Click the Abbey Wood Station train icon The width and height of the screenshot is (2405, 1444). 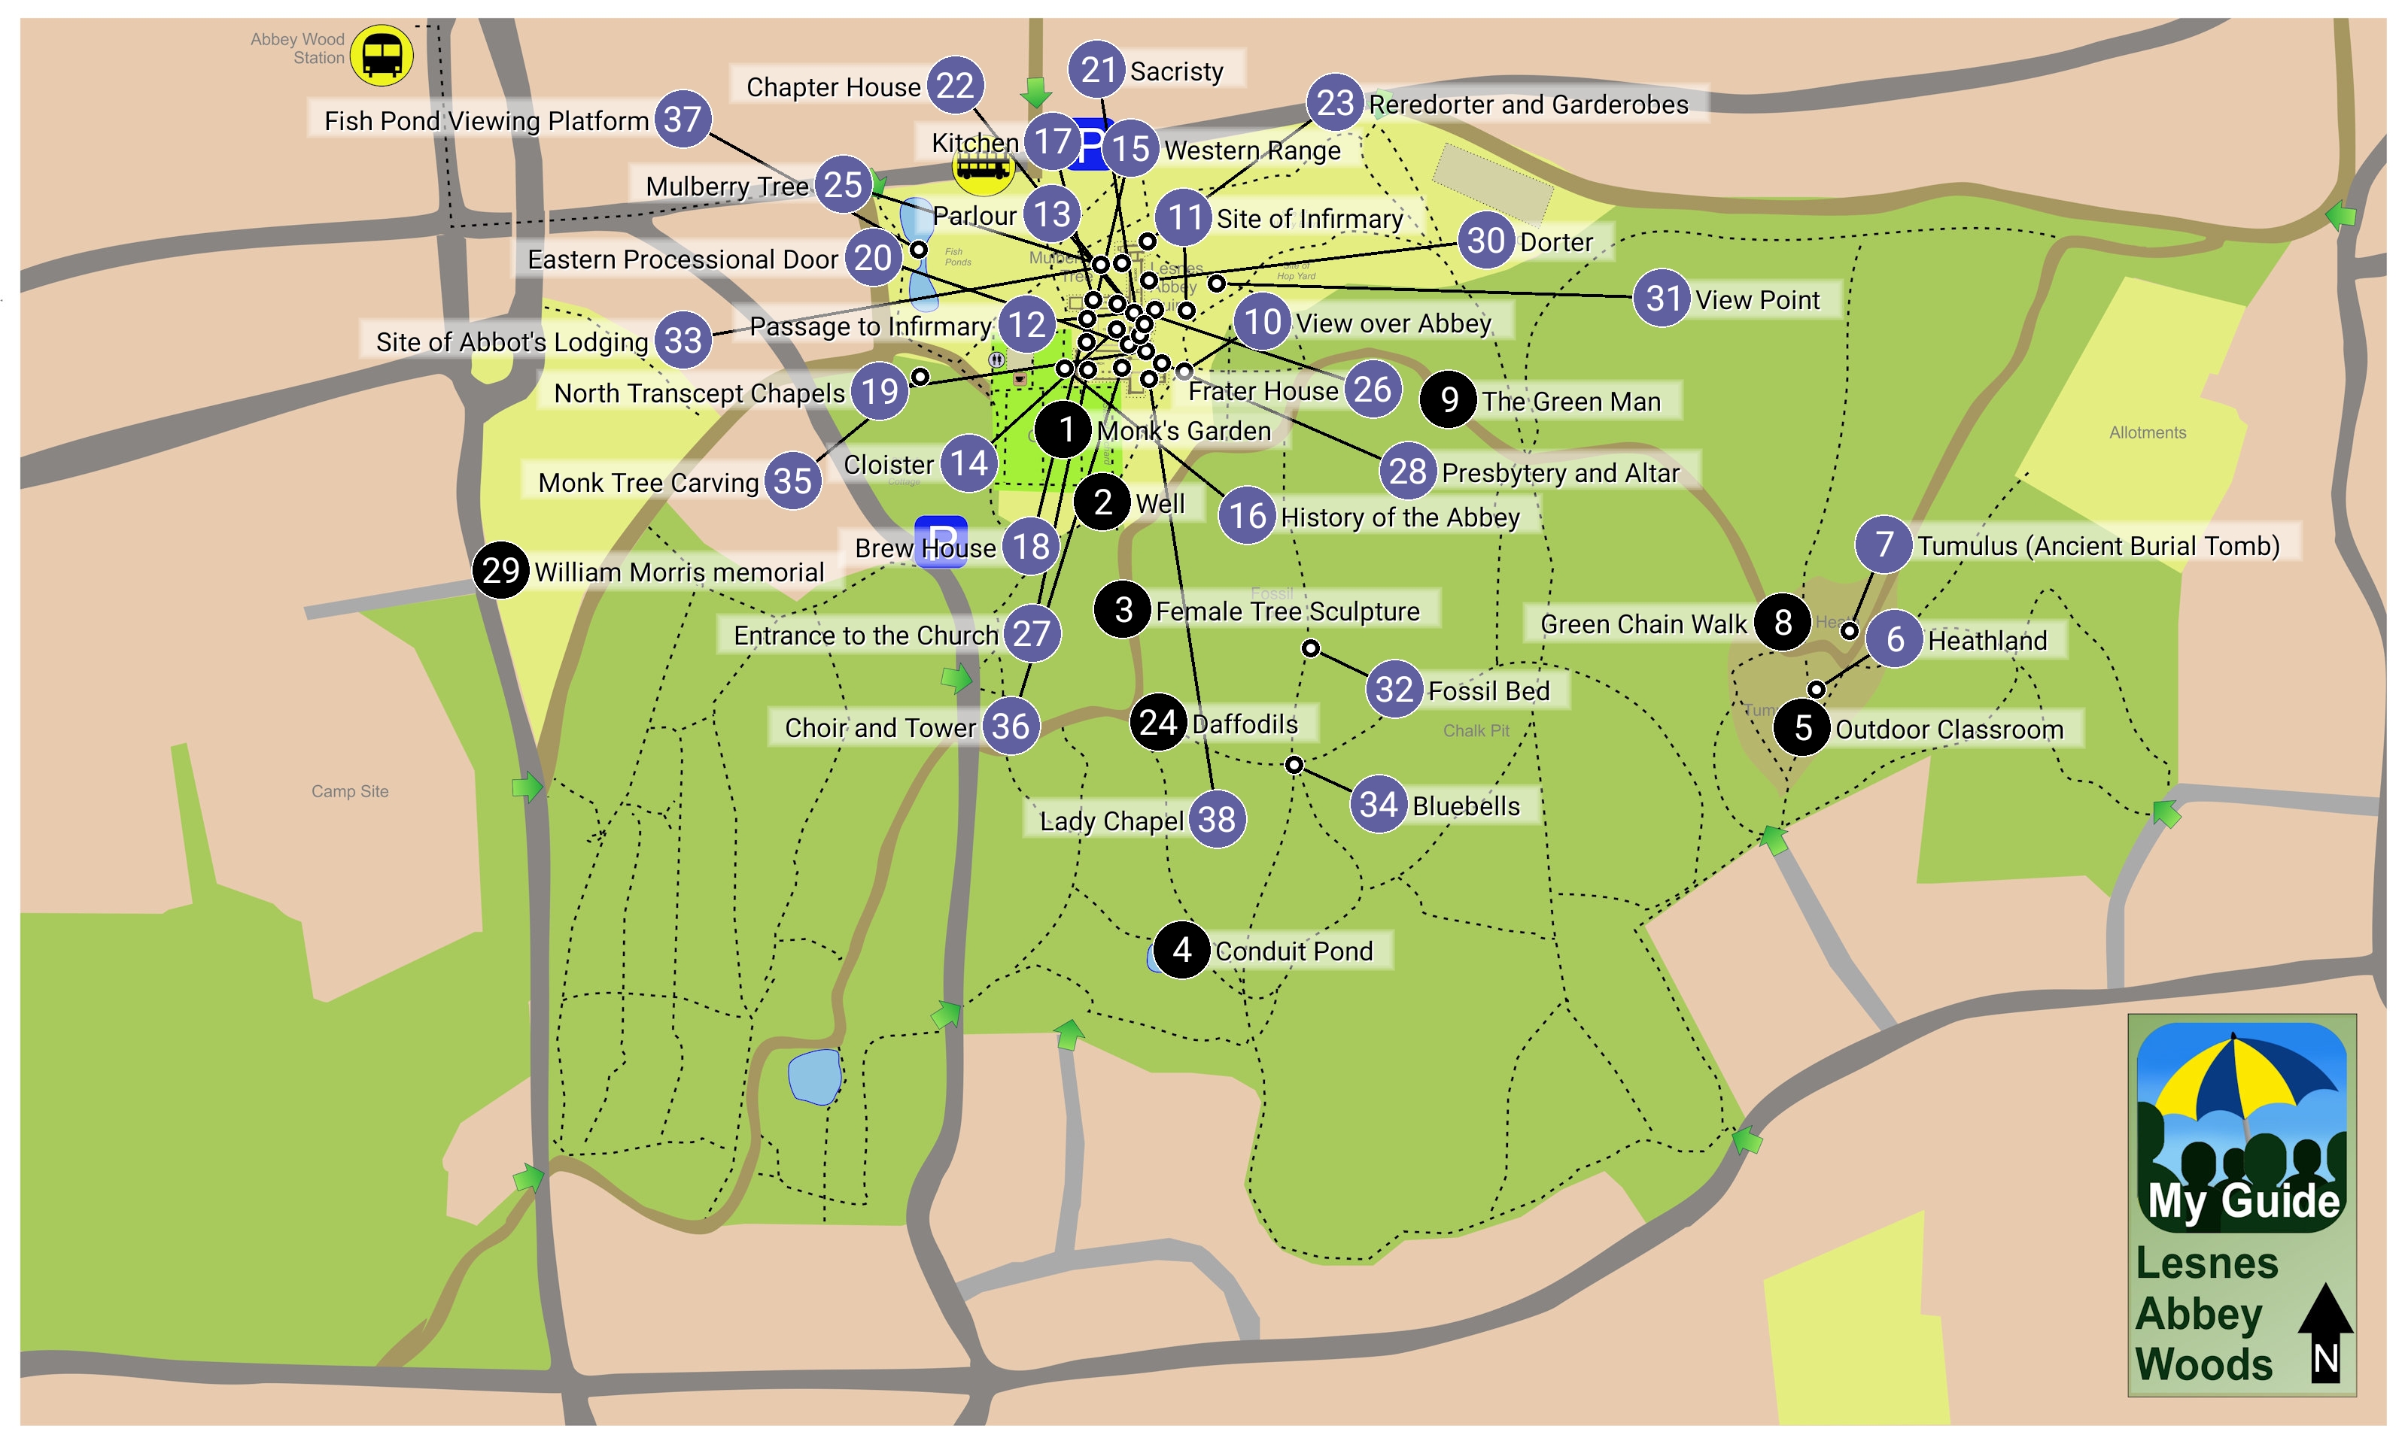tap(382, 56)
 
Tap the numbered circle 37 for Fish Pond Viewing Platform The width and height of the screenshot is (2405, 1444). tap(683, 119)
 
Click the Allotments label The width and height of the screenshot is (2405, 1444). tap(2146, 432)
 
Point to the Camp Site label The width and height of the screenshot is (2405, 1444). tap(349, 791)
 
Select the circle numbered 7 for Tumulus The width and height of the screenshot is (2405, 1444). tap(1884, 544)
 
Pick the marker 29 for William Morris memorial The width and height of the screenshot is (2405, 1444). tap(500, 569)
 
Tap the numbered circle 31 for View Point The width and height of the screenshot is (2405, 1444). tap(1662, 298)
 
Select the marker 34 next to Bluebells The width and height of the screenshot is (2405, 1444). tap(1378, 804)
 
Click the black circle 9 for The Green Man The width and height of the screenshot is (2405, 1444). tap(1449, 399)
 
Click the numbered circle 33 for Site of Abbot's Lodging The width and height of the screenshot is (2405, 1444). tap(683, 340)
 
